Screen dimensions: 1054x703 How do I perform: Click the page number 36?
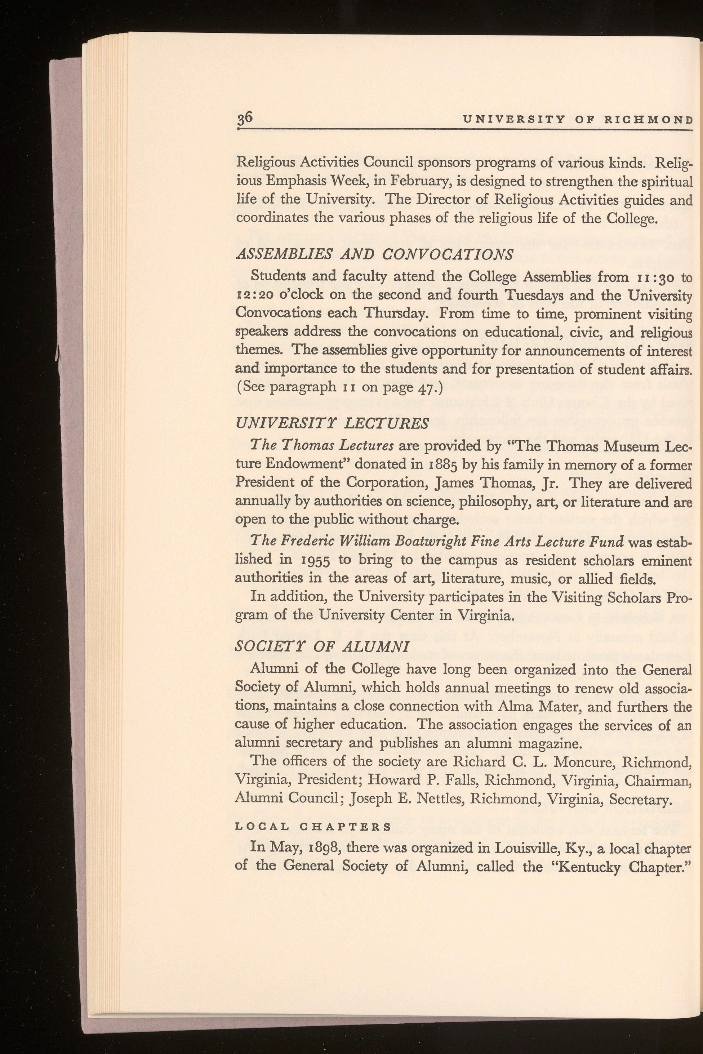click(246, 117)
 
